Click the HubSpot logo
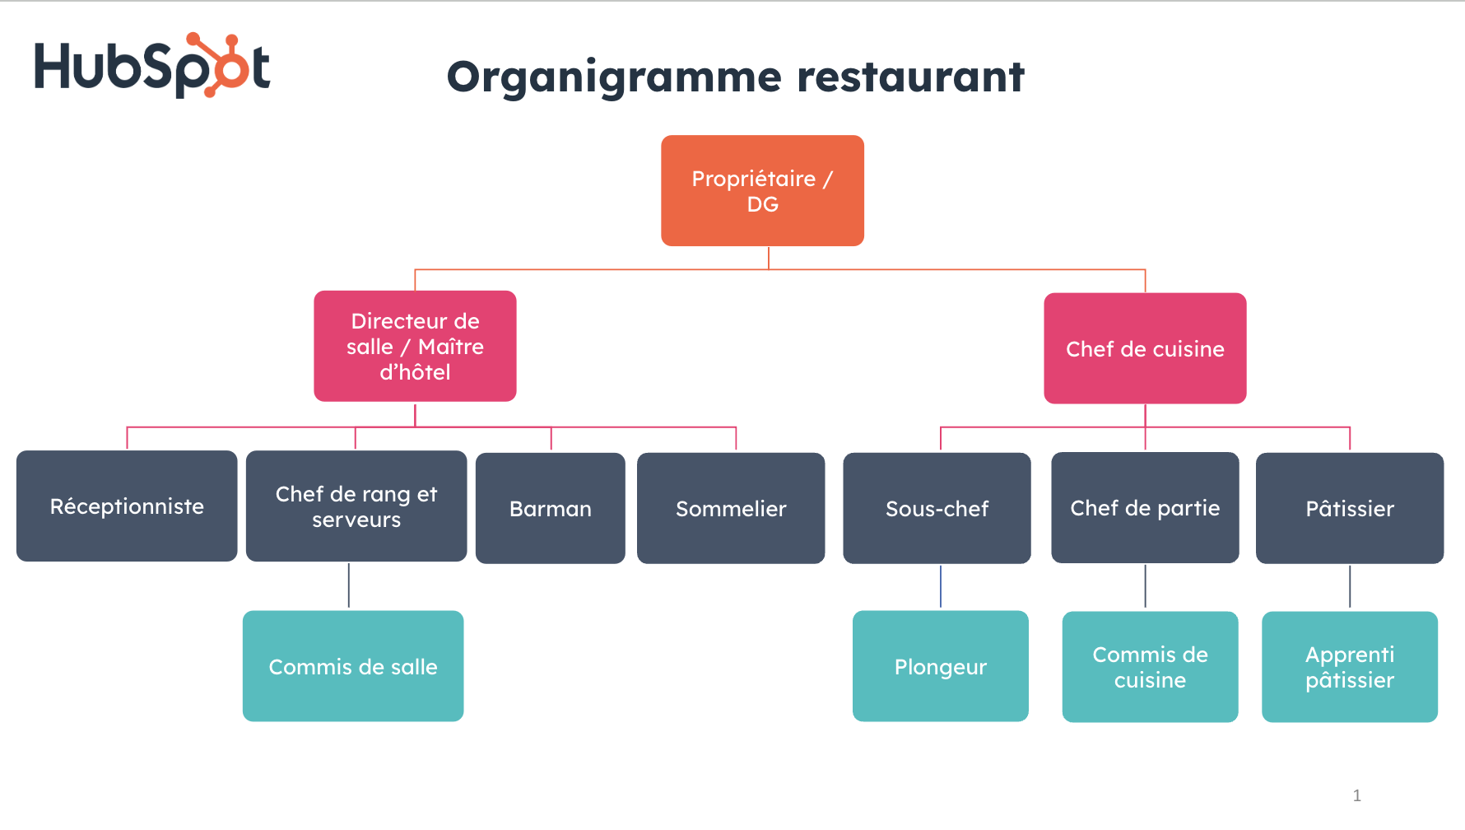tap(152, 66)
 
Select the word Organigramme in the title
tap(614, 77)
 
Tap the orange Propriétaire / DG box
tap(762, 191)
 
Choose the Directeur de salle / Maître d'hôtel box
tap(415, 347)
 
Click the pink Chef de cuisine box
tap(1145, 348)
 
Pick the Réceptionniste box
tap(127, 506)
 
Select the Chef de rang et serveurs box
tap(356, 506)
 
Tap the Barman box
tap(551, 509)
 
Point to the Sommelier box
tap(731, 509)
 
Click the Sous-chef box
tap(937, 509)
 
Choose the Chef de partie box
tap(1145, 508)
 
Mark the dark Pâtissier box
tap(1350, 509)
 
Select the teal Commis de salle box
tap(353, 666)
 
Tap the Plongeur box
tap(941, 666)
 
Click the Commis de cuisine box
tap(1150, 667)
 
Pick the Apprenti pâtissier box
tap(1350, 667)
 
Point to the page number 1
tap(1357, 795)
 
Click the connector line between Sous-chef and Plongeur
tap(941, 586)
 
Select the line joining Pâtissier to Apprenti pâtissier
tap(1350, 586)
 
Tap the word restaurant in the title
tap(910, 77)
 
